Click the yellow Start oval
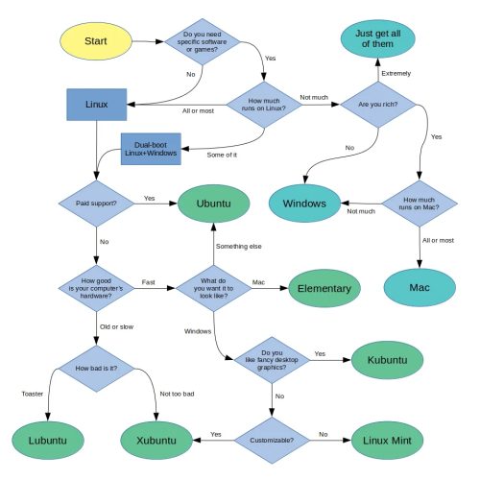pos(93,41)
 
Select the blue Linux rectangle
pos(97,104)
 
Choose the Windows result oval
pos(305,203)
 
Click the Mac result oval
pos(420,287)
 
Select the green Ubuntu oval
pos(214,203)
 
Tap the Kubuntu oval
pos(388,360)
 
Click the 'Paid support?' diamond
pos(97,203)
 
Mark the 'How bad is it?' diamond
pos(97,367)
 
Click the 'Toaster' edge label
pos(33,393)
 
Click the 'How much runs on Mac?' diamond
pos(420,203)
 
